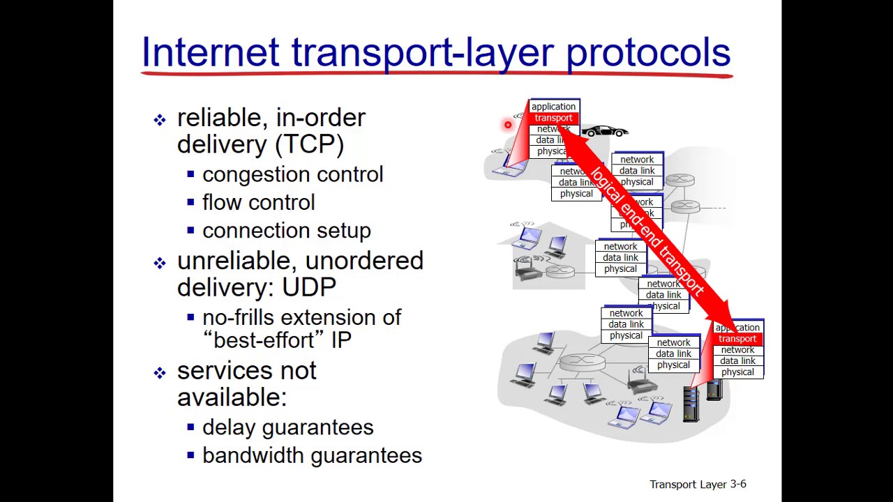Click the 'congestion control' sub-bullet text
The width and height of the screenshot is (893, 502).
[x=292, y=174]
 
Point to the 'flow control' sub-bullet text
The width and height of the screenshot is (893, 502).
[x=258, y=203]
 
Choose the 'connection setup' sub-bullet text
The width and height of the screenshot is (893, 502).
[x=286, y=231]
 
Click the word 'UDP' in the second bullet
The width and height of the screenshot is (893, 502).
[x=308, y=287]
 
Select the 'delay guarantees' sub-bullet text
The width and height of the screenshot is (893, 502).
[x=287, y=427]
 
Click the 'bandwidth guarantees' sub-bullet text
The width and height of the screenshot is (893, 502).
[x=312, y=455]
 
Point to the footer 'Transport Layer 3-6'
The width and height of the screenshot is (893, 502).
[x=698, y=484]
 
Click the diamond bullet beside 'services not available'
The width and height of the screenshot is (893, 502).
[x=160, y=373]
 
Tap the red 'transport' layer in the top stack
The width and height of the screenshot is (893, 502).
[x=553, y=118]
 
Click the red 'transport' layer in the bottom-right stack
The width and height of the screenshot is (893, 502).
[x=737, y=339]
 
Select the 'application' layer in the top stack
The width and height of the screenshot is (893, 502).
[x=553, y=107]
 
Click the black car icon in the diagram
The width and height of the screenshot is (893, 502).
[x=605, y=131]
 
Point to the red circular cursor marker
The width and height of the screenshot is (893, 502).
[x=508, y=125]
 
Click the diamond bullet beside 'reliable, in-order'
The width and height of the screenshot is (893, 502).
[x=160, y=120]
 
